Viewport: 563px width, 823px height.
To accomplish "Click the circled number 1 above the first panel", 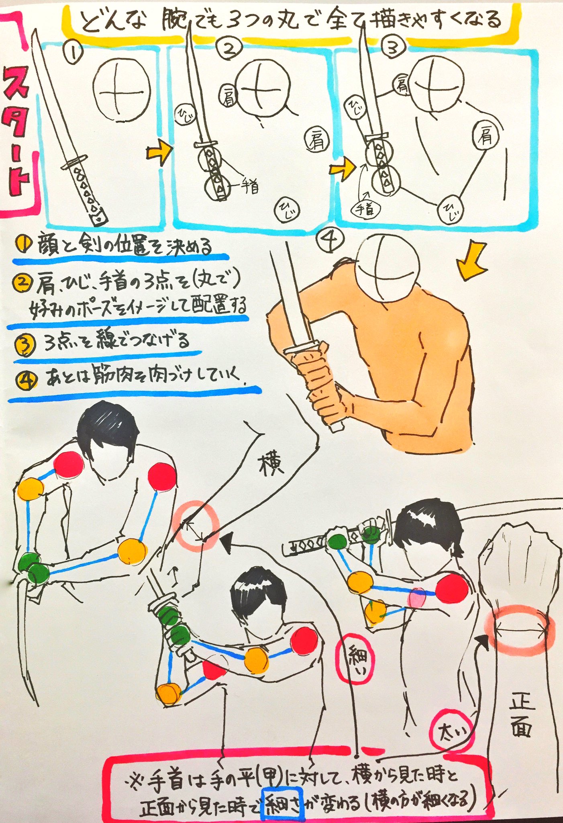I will [73, 53].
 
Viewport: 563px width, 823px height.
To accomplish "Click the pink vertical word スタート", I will [18, 133].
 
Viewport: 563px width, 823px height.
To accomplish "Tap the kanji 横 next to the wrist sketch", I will [271, 465].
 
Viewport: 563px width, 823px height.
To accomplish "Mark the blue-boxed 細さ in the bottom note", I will [283, 793].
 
